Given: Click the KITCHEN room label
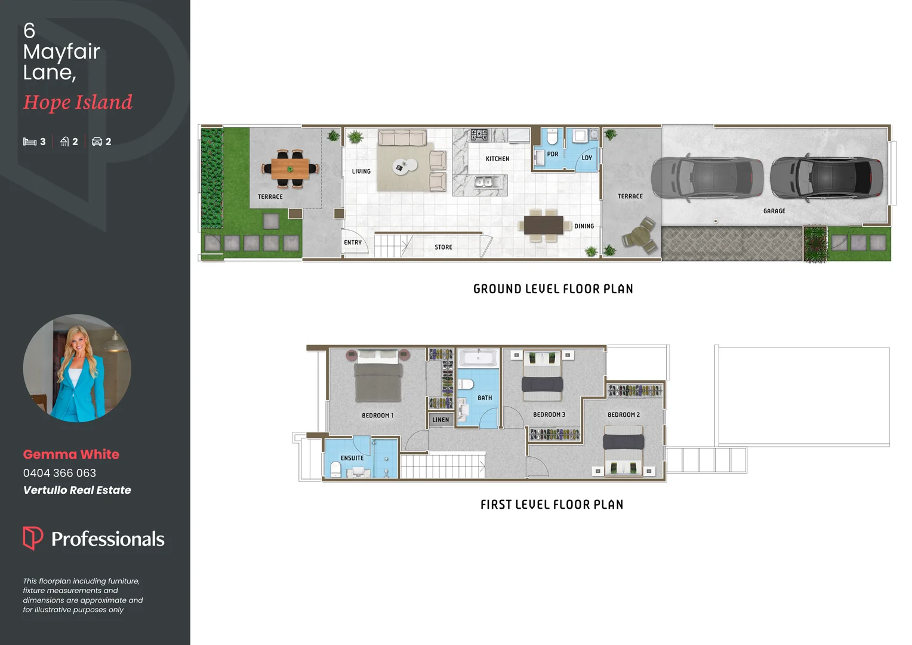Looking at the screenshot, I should [x=497, y=159].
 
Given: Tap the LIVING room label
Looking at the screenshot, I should [x=361, y=171].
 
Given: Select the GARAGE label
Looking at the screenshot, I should [x=774, y=211].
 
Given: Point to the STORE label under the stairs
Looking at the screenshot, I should [x=443, y=247].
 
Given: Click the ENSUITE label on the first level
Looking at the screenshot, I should [x=352, y=458].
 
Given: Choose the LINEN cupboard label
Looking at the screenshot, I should [x=440, y=420].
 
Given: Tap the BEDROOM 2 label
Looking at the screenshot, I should [x=624, y=414].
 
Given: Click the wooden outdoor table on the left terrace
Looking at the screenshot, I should [x=290, y=168].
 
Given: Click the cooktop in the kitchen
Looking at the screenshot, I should [x=479, y=135].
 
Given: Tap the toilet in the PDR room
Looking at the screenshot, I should [x=552, y=137].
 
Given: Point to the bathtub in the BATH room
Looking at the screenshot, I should [x=477, y=358].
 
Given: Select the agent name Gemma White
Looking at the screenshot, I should [x=71, y=454].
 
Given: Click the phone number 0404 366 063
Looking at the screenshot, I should [x=60, y=473].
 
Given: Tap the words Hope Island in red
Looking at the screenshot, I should [x=78, y=102].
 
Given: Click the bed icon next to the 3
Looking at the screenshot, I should [x=30, y=142].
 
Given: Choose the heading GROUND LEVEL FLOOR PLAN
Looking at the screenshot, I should [x=553, y=289].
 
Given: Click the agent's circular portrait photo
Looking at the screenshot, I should [x=77, y=368].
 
